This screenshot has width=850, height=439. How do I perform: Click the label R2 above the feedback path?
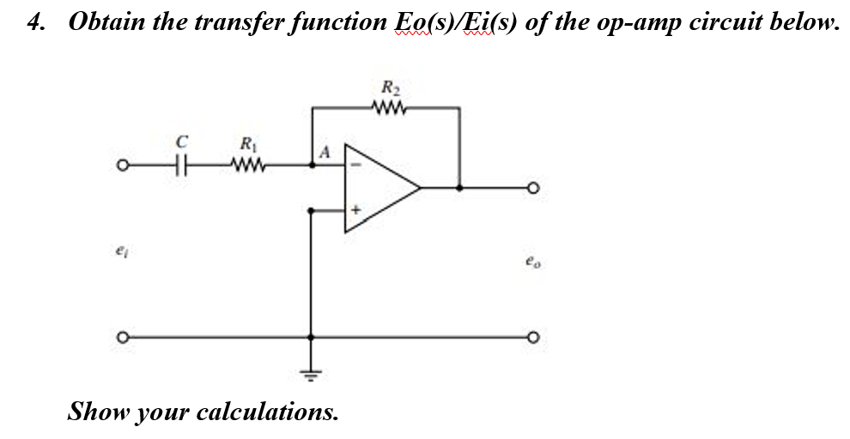(x=391, y=87)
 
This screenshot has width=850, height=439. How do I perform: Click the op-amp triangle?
(x=378, y=188)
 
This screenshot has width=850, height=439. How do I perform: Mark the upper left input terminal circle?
(x=124, y=165)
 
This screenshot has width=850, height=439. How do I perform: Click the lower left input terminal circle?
(x=124, y=336)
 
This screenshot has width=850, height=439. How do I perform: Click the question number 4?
(x=35, y=22)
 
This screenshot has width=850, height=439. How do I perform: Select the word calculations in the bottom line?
(x=267, y=412)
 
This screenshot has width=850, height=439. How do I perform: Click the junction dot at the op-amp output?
(x=460, y=187)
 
